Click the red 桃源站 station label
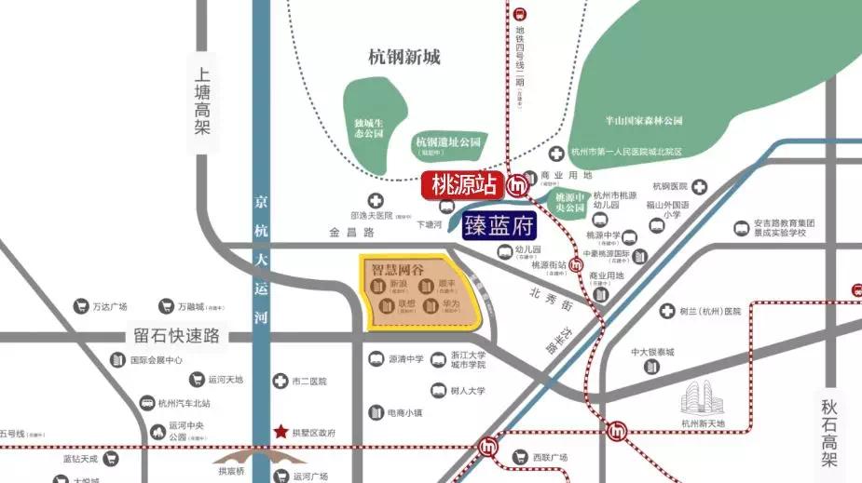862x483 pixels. tap(462, 185)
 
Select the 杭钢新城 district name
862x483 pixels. tap(404, 58)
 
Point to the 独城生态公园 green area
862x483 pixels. tap(370, 127)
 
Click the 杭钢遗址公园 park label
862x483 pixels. tap(447, 142)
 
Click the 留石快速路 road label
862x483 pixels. tap(176, 335)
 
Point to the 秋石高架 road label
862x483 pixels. tap(830, 433)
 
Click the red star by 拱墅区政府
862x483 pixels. tap(281, 433)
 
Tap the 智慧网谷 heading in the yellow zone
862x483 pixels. tap(398, 270)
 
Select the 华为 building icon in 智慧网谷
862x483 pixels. tap(430, 305)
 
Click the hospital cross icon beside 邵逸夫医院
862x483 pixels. tap(375, 201)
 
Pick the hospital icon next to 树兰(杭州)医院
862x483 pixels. tap(667, 311)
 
